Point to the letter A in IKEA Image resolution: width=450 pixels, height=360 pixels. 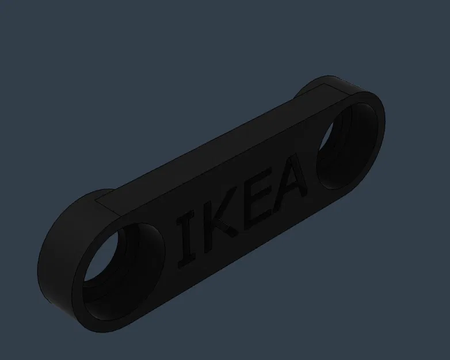pyautogui.click(x=291, y=180)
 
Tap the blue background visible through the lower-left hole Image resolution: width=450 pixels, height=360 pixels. pyautogui.click(x=104, y=265)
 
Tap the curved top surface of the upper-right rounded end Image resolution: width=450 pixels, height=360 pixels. pyautogui.click(x=345, y=84)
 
